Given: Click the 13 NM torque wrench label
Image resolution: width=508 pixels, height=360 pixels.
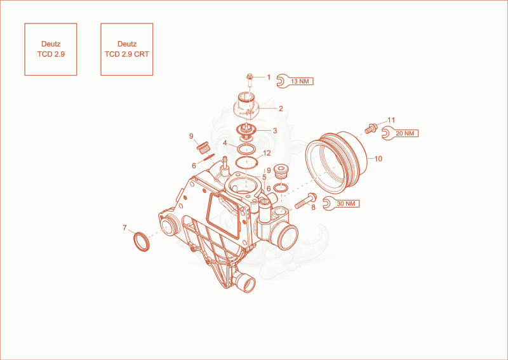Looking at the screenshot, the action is point(295,81).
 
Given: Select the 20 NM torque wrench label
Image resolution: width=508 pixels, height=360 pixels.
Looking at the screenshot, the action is point(400,133).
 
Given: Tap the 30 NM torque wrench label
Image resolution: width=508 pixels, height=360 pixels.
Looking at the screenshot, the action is point(342,204).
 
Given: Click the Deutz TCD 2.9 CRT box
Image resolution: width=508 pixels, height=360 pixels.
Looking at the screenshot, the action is point(126,50).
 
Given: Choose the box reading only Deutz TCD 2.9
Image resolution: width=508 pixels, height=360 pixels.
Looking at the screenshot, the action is point(51,50).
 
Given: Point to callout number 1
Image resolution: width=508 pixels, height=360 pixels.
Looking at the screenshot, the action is point(269,77).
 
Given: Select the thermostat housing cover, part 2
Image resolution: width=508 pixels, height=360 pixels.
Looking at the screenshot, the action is point(247,105).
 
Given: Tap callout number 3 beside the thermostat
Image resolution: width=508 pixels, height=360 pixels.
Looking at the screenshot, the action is point(275,131).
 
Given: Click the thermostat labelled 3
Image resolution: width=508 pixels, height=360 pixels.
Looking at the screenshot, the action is point(247,132).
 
